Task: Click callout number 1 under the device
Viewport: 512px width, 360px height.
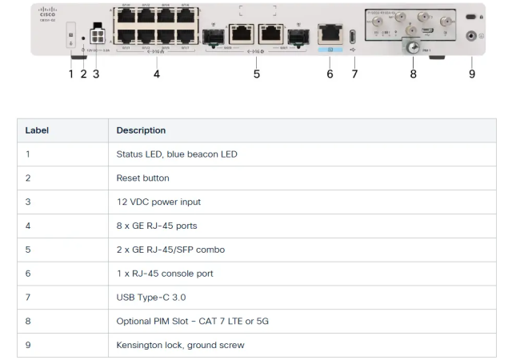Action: (70, 74)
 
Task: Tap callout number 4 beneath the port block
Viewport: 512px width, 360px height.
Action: (157, 74)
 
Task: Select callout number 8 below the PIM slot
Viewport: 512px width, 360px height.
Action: (413, 74)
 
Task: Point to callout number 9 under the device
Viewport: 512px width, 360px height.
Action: (472, 74)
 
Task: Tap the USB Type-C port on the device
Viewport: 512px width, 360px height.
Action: (354, 37)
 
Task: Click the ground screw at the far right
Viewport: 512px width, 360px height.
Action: (472, 36)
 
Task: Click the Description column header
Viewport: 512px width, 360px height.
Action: (141, 130)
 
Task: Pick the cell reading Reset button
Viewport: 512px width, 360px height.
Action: (142, 178)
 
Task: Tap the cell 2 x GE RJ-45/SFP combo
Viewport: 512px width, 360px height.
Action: (170, 250)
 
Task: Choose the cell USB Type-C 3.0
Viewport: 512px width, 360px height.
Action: (150, 298)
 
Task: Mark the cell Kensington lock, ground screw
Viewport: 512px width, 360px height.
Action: (182, 346)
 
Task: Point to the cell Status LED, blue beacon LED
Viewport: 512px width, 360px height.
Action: (176, 154)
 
